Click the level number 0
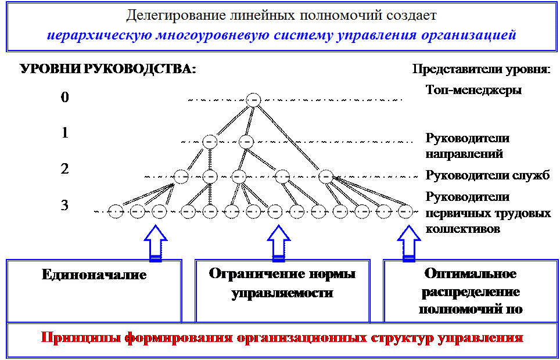tap(65, 98)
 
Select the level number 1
tap(65, 133)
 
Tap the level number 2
tap(65, 169)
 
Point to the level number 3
tap(65, 205)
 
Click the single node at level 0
tap(253, 100)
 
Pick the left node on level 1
tap(210, 141)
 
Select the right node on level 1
tap(246, 141)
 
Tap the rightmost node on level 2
tap(326, 175)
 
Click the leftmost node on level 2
tap(181, 175)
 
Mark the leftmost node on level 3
tap(116, 212)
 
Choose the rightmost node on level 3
tap(405, 212)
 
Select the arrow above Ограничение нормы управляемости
tap(279, 242)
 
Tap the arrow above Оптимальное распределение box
tap(410, 242)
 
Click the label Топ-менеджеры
tap(473, 90)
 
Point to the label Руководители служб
tap(487, 175)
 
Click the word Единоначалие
tap(94, 275)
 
